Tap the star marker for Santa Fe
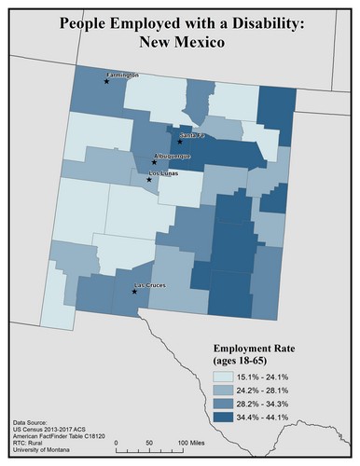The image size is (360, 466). (180, 142)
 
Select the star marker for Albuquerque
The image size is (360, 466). (154, 162)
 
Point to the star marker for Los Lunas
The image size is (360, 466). (149, 179)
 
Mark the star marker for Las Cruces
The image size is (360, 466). (135, 292)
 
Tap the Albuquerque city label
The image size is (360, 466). (172, 156)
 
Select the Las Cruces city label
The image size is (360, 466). (151, 284)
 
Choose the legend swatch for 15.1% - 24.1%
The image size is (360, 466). (224, 375)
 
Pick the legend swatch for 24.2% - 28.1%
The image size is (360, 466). (224, 391)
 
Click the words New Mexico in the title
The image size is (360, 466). (179, 43)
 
